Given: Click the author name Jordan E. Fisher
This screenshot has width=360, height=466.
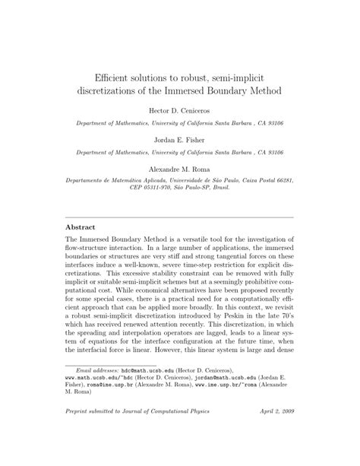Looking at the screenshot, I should coord(180,141).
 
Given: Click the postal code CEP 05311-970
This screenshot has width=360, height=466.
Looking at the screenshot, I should coord(131,194).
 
